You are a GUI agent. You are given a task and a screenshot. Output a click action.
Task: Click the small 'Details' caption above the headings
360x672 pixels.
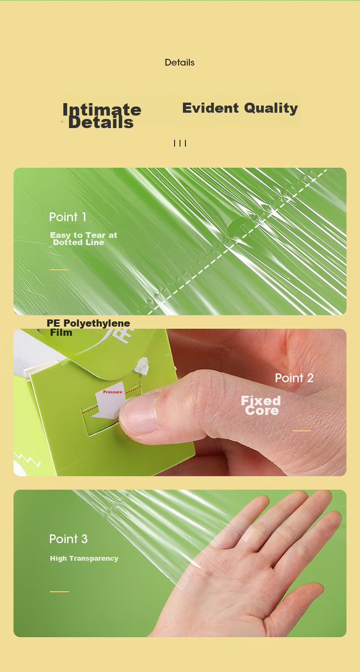[x=180, y=62]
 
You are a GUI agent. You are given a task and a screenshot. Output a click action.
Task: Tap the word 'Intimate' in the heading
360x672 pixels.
[x=102, y=109]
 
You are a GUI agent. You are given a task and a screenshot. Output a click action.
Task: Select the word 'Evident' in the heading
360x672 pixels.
[x=210, y=108]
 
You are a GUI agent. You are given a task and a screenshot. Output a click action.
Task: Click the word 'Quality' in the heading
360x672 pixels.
[x=271, y=108]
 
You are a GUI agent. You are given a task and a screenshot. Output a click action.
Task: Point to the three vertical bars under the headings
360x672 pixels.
[x=180, y=143]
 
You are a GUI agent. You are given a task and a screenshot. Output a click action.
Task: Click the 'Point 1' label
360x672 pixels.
[x=68, y=217]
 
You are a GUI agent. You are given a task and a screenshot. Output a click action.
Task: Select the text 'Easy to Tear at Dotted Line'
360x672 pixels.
[x=84, y=238]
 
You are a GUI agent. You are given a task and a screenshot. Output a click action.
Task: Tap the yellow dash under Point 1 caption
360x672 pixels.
[x=59, y=270]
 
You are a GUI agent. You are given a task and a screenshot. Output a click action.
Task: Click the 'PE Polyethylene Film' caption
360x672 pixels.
[x=88, y=327]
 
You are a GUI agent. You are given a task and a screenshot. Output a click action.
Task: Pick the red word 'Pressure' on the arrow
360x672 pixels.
[x=113, y=392]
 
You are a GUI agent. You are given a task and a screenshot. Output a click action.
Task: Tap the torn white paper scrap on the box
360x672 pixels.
[x=142, y=365]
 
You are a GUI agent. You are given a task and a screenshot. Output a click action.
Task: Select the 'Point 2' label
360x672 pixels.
[x=294, y=378]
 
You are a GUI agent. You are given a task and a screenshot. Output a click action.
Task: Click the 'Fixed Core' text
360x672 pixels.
[x=261, y=405]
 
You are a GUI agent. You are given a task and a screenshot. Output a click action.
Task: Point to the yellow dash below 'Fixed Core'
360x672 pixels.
[x=301, y=431]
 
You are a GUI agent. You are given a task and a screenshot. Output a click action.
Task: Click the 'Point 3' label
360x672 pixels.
[x=69, y=539]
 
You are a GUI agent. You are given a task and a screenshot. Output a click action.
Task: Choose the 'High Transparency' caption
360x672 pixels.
[x=84, y=558]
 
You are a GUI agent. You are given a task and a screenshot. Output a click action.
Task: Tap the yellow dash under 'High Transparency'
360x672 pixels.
[x=60, y=591]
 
